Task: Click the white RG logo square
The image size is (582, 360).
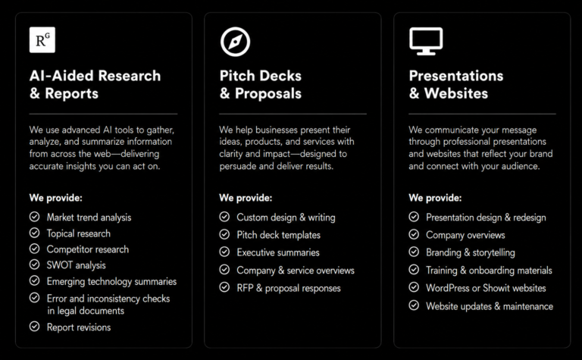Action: [x=42, y=39]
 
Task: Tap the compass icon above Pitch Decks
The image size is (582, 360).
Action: [x=236, y=42]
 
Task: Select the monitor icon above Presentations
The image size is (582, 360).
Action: [x=426, y=41]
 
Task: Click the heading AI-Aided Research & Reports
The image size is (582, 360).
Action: [x=95, y=85]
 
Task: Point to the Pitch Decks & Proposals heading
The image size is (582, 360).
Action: [x=261, y=85]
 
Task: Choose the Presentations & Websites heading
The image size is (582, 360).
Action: [x=456, y=85]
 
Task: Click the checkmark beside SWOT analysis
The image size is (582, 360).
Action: [x=35, y=265]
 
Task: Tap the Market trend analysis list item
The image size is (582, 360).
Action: [x=89, y=217]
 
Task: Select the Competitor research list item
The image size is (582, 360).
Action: [x=88, y=249]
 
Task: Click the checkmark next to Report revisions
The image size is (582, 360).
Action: [x=35, y=326]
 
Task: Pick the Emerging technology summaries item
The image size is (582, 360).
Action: [x=111, y=281]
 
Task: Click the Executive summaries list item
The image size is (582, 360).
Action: [x=278, y=252]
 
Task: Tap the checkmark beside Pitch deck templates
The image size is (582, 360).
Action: [x=224, y=234]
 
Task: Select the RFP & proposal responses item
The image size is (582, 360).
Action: [x=289, y=288]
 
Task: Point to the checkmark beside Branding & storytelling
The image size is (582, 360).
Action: [x=414, y=252]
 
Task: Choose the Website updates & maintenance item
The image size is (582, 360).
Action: [x=490, y=306]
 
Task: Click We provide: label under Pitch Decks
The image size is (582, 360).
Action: [x=246, y=198]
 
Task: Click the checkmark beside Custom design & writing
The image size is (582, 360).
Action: [x=224, y=216]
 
